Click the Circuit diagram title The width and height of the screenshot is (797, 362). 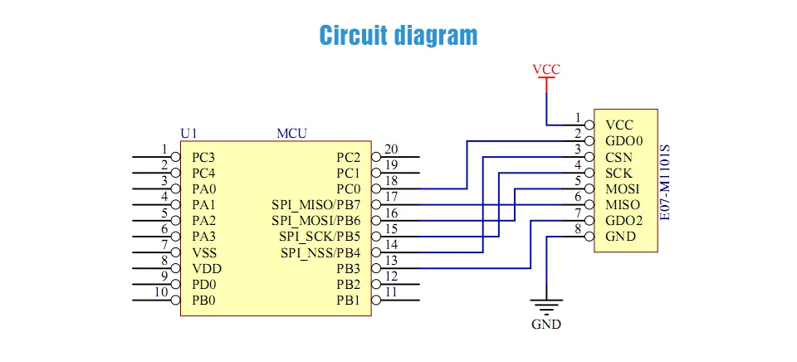[x=398, y=36]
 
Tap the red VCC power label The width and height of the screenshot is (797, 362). [x=545, y=70]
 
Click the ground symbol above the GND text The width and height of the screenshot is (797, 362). [x=545, y=305]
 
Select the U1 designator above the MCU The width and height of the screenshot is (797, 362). [x=188, y=133]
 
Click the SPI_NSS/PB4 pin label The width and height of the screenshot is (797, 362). [x=320, y=252]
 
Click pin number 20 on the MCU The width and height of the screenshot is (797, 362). [x=391, y=150]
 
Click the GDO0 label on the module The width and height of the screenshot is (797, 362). [x=624, y=141]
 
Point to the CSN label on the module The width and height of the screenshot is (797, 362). [x=619, y=157]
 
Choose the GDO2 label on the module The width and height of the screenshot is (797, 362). [x=624, y=221]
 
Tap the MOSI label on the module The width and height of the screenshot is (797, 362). [x=622, y=189]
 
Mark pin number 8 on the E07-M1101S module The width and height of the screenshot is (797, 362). [x=577, y=228]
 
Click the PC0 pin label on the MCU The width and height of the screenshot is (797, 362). [x=348, y=189]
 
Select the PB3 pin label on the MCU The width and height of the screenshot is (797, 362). [x=348, y=268]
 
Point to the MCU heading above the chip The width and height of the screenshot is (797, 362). [x=292, y=133]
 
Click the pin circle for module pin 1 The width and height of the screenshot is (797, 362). [x=589, y=125]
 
